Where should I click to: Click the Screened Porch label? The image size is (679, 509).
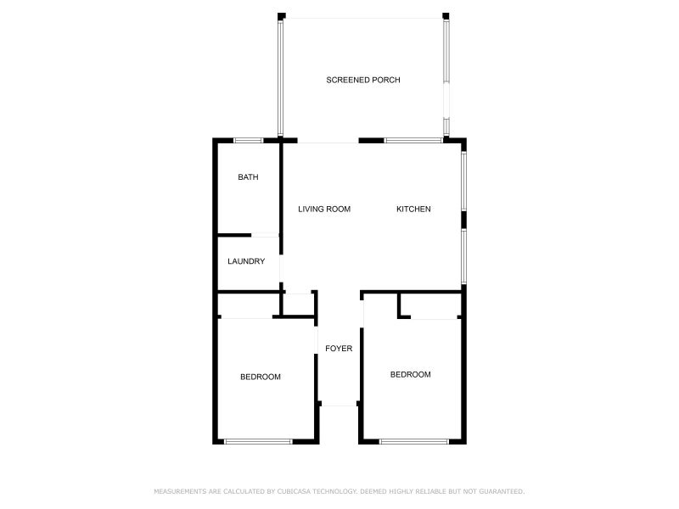(x=362, y=80)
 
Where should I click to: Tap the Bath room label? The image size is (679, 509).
(x=248, y=177)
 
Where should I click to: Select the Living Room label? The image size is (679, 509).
(x=324, y=209)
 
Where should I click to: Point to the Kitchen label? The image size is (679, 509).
(x=414, y=209)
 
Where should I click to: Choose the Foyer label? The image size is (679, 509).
(x=339, y=348)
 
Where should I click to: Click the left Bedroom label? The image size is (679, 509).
(x=260, y=377)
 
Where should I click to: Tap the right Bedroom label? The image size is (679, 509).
(x=410, y=374)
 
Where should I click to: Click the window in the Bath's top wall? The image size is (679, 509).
(x=248, y=140)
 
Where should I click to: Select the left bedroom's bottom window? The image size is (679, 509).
(x=258, y=441)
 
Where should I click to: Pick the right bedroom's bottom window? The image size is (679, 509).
(x=413, y=441)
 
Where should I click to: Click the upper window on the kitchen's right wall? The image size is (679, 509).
(x=463, y=180)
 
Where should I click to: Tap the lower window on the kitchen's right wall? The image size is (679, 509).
(x=463, y=256)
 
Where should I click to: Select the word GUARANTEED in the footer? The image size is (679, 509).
(x=502, y=491)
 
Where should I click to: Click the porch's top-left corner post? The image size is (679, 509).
(x=282, y=15)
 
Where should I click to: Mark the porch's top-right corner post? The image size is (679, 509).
(x=446, y=15)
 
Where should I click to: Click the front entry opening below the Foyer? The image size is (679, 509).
(x=339, y=406)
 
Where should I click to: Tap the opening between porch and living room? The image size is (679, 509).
(x=328, y=141)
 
